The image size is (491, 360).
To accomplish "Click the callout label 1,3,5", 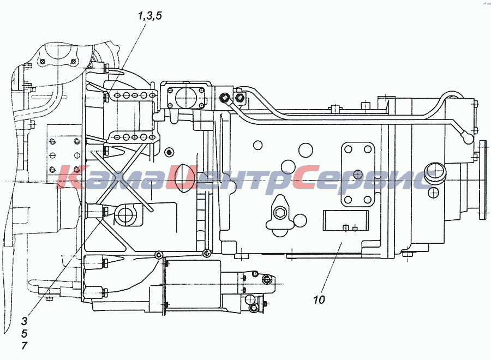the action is tap(150, 16).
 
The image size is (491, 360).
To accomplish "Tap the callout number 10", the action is tap(319, 299).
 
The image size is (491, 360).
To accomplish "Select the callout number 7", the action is tap(25, 346).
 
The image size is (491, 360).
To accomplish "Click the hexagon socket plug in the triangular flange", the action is tap(278, 213).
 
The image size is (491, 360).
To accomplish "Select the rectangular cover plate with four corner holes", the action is tap(358, 175).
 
